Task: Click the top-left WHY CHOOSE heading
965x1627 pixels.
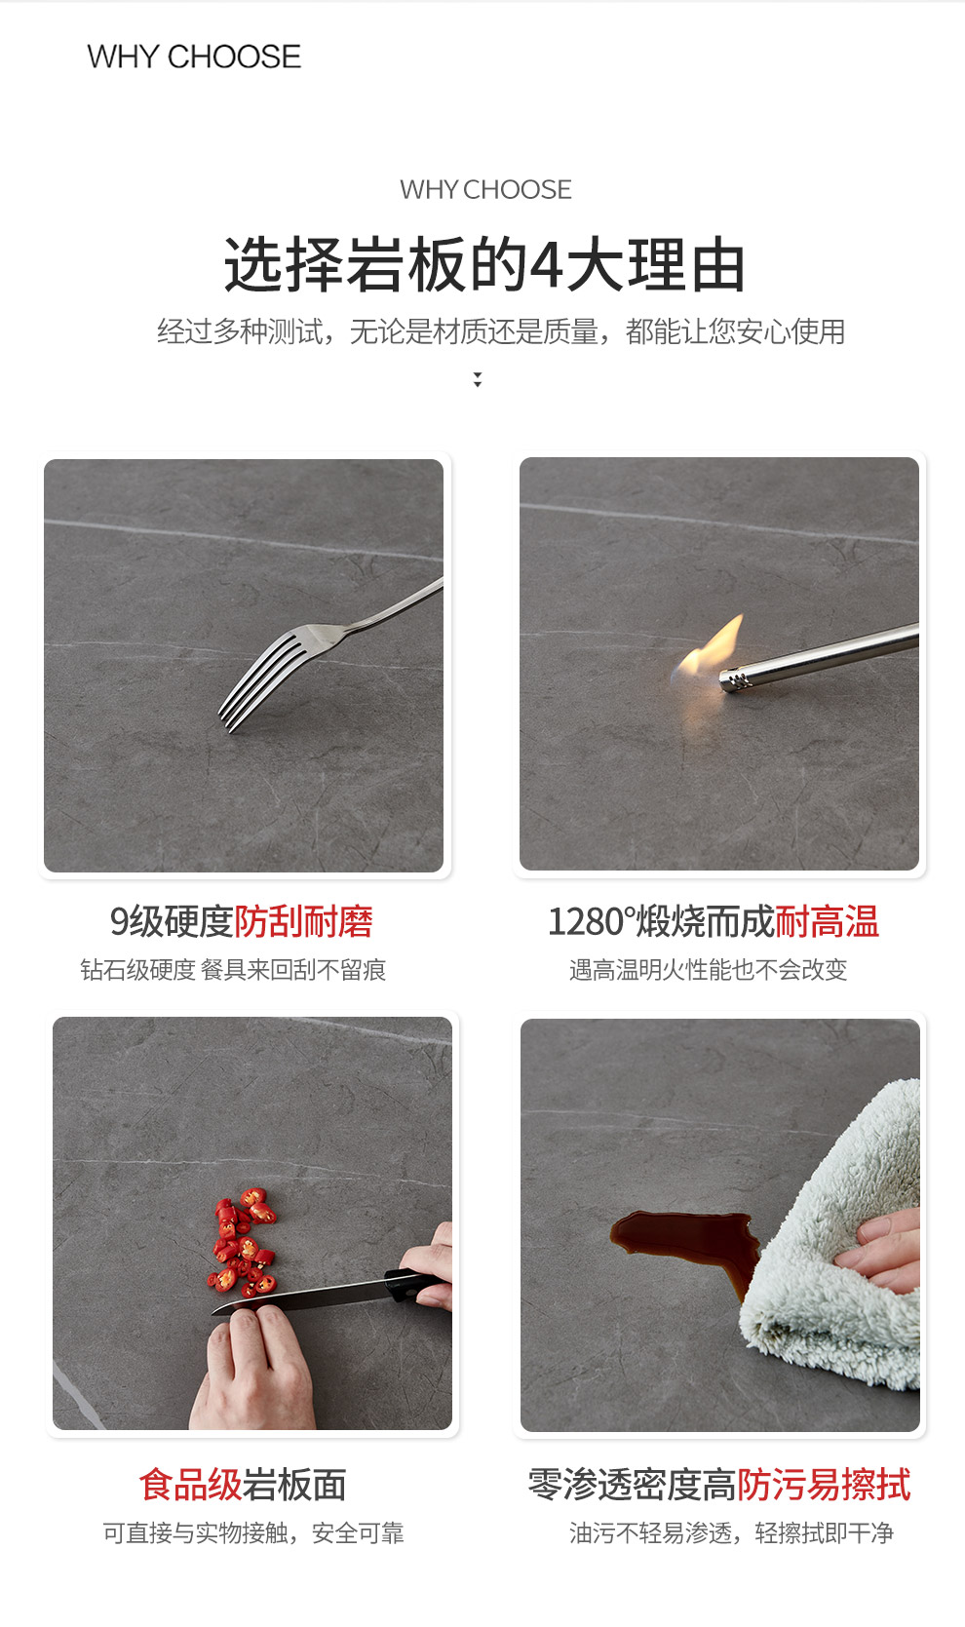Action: pyautogui.click(x=194, y=57)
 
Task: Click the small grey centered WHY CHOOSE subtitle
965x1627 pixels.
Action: pyautogui.click(x=485, y=189)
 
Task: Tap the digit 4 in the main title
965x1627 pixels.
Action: pyautogui.click(x=546, y=264)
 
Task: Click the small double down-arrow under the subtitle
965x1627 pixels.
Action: pyautogui.click(x=477, y=379)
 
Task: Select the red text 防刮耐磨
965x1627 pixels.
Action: pyautogui.click(x=303, y=922)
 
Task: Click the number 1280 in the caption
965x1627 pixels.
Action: pyautogui.click(x=586, y=922)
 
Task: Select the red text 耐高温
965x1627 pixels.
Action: pyautogui.click(x=827, y=922)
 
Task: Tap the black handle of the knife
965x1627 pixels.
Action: pyautogui.click(x=414, y=1286)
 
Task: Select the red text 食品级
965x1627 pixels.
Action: pyautogui.click(x=190, y=1484)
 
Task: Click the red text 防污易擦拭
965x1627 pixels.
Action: pyautogui.click(x=824, y=1484)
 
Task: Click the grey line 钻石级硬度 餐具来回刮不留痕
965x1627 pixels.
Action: pyautogui.click(x=233, y=970)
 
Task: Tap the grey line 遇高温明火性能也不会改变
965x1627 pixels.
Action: pyautogui.click(x=708, y=970)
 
